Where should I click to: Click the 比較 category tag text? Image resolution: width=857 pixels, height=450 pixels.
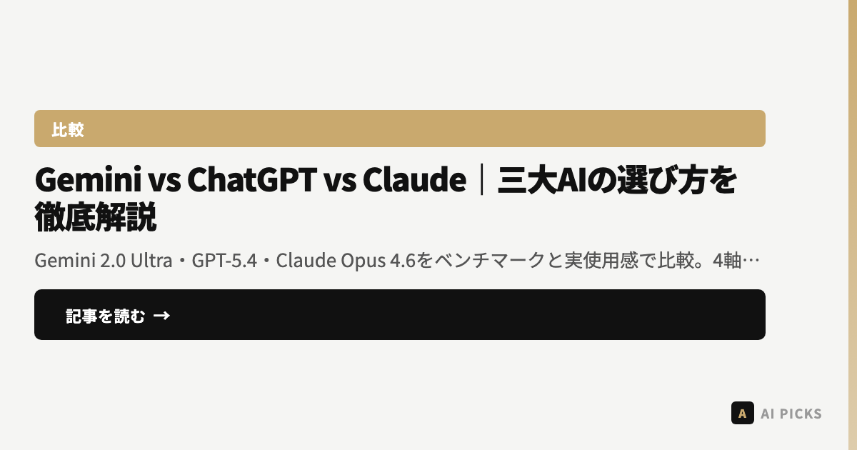tap(68, 129)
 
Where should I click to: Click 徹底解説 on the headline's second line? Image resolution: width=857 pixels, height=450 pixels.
tap(95, 217)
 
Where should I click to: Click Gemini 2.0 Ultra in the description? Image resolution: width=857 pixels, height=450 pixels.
tap(104, 261)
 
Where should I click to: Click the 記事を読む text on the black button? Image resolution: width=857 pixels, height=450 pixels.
tap(106, 316)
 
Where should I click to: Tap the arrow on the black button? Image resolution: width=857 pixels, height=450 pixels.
tap(161, 316)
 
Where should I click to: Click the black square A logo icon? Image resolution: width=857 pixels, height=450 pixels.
tap(743, 413)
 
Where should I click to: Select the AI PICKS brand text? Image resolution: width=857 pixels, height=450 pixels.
tap(791, 414)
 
